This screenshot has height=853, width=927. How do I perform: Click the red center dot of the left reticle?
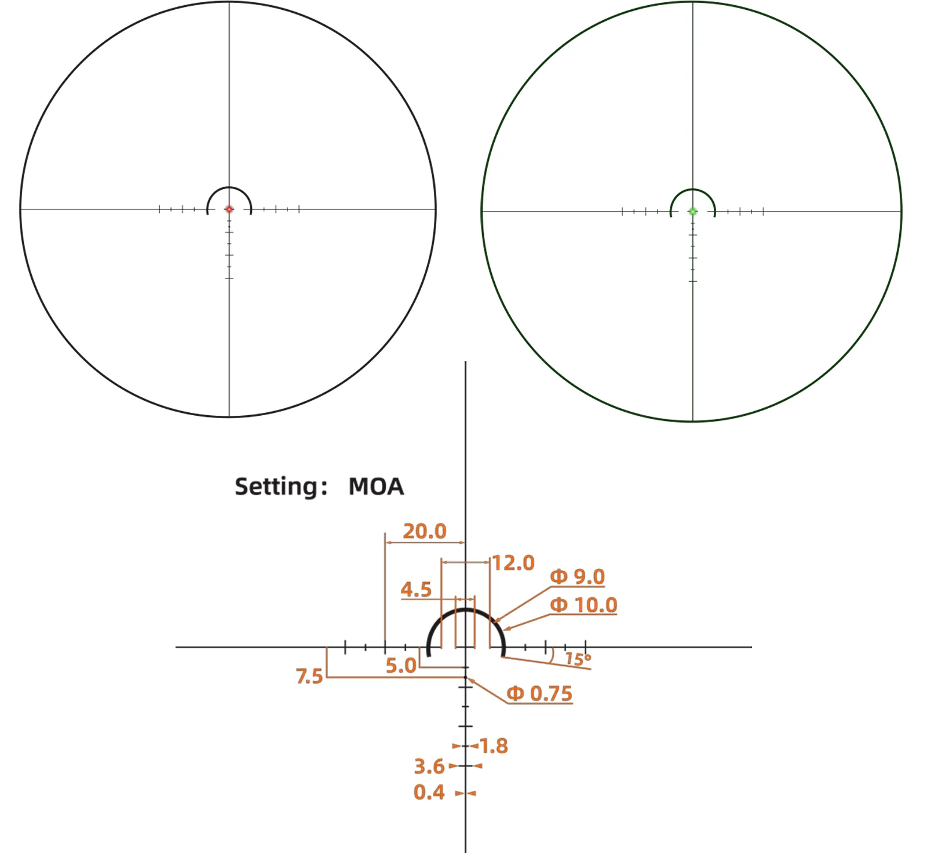pyautogui.click(x=229, y=209)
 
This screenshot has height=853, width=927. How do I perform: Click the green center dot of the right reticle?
pyautogui.click(x=692, y=212)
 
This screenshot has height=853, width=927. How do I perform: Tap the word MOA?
pyautogui.click(x=376, y=487)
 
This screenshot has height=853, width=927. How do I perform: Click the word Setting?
pyautogui.click(x=276, y=487)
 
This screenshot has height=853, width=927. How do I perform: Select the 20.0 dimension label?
pyautogui.click(x=425, y=531)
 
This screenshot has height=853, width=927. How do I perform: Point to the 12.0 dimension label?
pyautogui.click(x=513, y=562)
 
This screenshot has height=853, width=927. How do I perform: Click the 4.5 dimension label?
pyautogui.click(x=416, y=590)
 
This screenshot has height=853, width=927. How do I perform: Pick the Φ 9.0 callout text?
pyautogui.click(x=577, y=576)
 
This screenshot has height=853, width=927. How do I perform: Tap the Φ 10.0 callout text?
pyautogui.click(x=583, y=605)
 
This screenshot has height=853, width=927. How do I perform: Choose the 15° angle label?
pyautogui.click(x=578, y=659)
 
